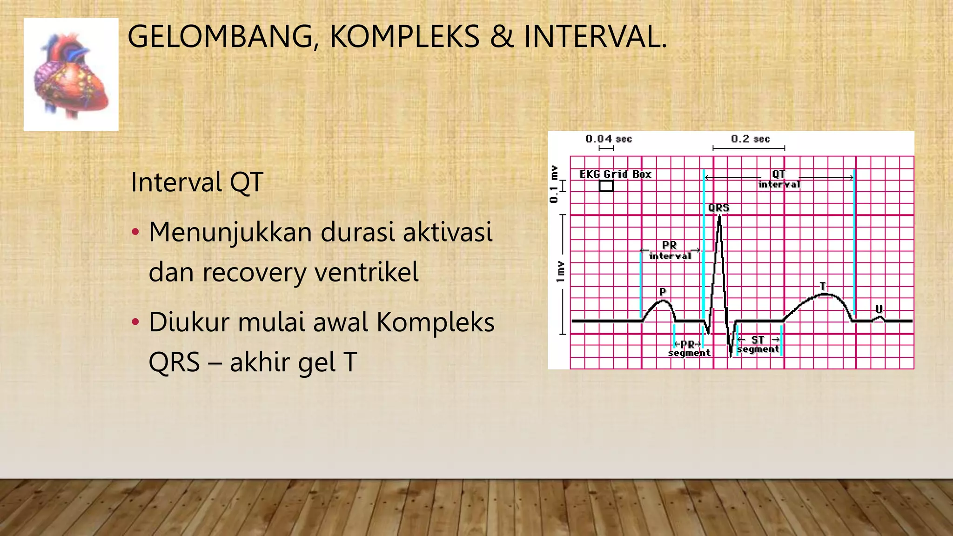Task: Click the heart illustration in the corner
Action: click(x=71, y=74)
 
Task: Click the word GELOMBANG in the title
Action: click(x=219, y=37)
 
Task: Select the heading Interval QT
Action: click(x=197, y=182)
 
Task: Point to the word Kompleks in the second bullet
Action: click(x=435, y=322)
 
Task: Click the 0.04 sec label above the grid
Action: click(x=609, y=139)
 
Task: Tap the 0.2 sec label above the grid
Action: click(x=750, y=139)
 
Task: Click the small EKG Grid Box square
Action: click(x=606, y=186)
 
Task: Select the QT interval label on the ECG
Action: click(x=779, y=179)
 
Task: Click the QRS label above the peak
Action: click(x=718, y=208)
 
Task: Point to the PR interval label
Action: click(x=670, y=250)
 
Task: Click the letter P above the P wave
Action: click(x=663, y=292)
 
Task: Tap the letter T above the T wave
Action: click(x=823, y=286)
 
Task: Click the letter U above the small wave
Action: click(x=879, y=309)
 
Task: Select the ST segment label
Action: click(x=758, y=345)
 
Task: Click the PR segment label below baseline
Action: click(x=689, y=348)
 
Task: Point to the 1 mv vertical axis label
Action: click(x=560, y=272)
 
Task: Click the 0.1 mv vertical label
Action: click(x=553, y=184)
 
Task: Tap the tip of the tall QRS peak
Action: click(x=720, y=216)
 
